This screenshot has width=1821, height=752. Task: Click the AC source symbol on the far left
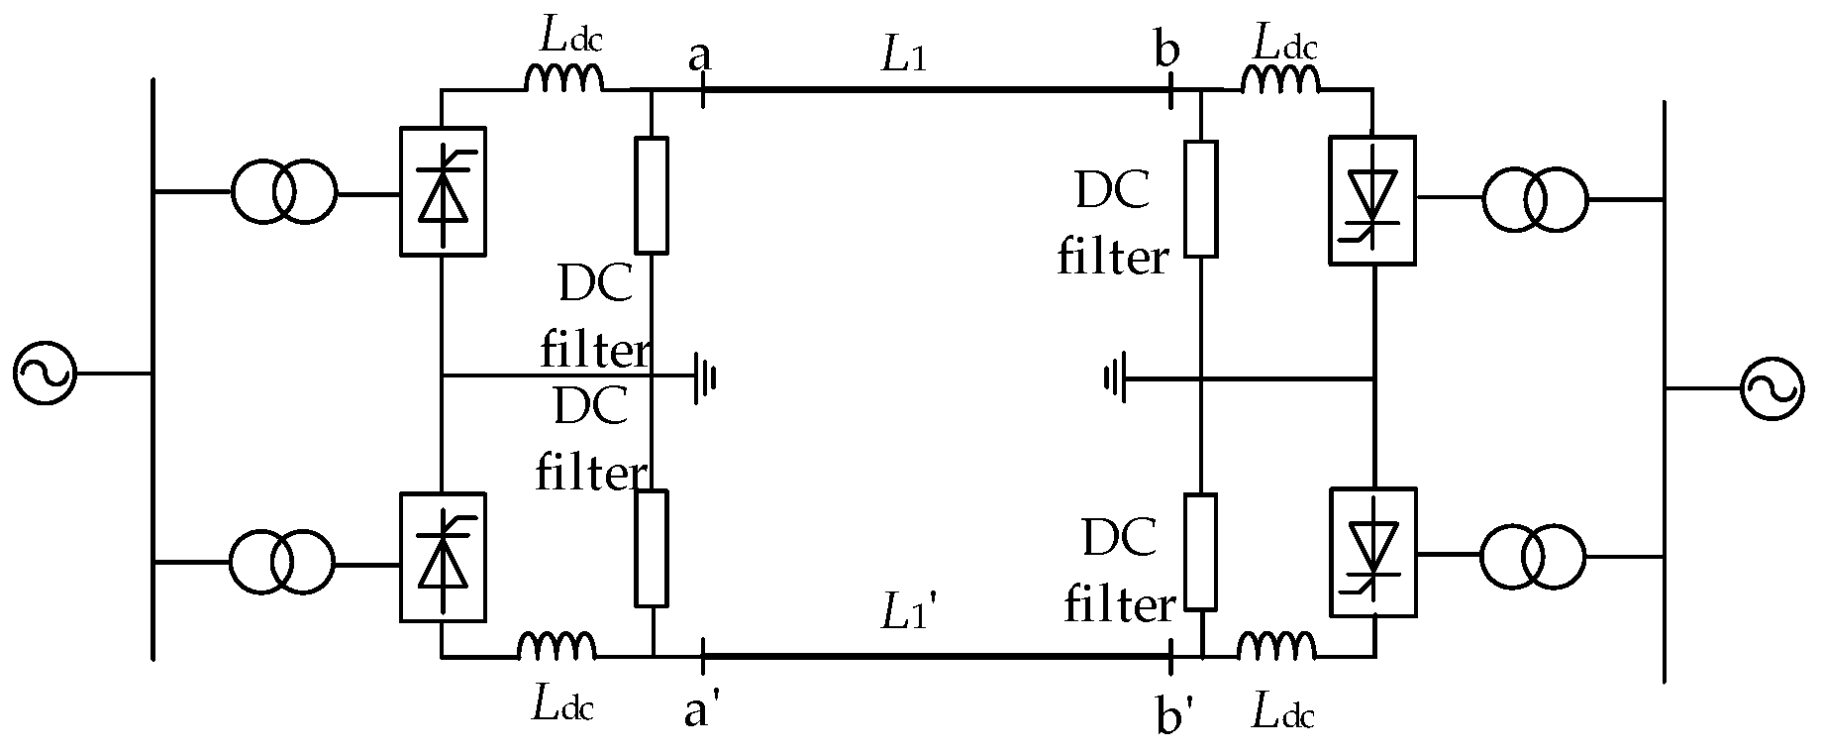pyautogui.click(x=44, y=374)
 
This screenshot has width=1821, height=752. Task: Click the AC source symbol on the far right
pyautogui.click(x=1772, y=389)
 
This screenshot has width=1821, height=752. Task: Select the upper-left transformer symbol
pyautogui.click(x=284, y=192)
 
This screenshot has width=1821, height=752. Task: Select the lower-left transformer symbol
pyautogui.click(x=282, y=563)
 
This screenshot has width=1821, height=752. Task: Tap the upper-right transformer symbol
pyautogui.click(x=1535, y=199)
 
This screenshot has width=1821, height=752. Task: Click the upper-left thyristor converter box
pyautogui.click(x=442, y=192)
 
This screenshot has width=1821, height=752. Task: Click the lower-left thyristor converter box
pyautogui.click(x=442, y=558)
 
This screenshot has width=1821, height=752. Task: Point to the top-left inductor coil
pyautogui.click(x=562, y=79)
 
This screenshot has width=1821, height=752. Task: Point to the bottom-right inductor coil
pyautogui.click(x=1277, y=646)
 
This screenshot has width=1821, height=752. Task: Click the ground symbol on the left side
pyautogui.click(x=705, y=376)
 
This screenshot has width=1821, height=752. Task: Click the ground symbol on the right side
pyautogui.click(x=1115, y=378)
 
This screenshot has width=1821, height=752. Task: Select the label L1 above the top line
pyautogui.click(x=904, y=57)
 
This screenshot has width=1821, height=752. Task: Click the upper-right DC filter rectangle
pyautogui.click(x=1201, y=199)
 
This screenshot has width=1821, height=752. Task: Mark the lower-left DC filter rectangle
pyautogui.click(x=652, y=548)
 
